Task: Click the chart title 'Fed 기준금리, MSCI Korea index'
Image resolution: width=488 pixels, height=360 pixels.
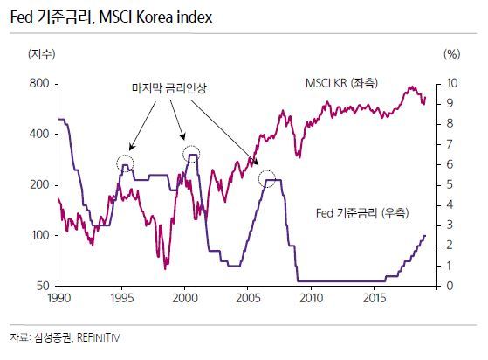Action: click(x=111, y=17)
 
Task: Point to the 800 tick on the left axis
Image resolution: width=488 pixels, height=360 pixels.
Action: click(x=39, y=84)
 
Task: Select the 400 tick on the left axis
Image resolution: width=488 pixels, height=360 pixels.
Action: click(x=39, y=134)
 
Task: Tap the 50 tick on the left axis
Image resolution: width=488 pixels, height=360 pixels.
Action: click(x=43, y=286)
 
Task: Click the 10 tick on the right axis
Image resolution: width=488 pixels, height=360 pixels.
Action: click(x=452, y=83)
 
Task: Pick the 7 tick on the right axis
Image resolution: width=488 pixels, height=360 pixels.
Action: click(x=450, y=144)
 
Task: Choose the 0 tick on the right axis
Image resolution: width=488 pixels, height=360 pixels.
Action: click(x=450, y=286)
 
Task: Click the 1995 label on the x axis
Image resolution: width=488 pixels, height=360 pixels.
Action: click(x=121, y=298)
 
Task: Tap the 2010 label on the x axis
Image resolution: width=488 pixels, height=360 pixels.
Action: click(x=311, y=298)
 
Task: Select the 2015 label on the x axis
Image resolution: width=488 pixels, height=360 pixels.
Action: click(x=375, y=298)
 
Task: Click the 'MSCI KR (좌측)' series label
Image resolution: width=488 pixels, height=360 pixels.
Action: click(x=341, y=83)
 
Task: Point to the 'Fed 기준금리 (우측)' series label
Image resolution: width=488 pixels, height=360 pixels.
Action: click(x=362, y=213)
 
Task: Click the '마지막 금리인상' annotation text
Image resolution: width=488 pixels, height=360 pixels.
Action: click(x=169, y=88)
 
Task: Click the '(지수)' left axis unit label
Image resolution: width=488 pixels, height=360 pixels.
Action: click(x=41, y=54)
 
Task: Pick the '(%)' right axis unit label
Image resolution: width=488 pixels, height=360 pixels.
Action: click(x=451, y=54)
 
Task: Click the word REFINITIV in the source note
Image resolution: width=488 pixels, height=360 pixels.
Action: click(x=98, y=338)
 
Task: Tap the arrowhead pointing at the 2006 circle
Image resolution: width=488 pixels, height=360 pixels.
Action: click(x=256, y=162)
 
